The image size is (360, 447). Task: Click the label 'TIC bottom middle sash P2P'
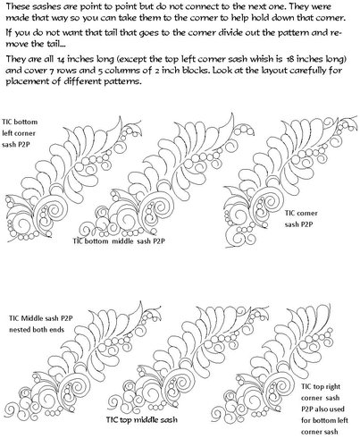[119, 241]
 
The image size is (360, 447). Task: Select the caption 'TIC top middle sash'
[142, 420]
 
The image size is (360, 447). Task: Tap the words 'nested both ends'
[37, 330]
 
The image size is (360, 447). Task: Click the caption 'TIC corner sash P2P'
[301, 219]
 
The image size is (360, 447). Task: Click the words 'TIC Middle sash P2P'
[41, 318]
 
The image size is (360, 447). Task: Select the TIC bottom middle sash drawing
[167, 179]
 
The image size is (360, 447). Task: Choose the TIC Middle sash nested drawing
[83, 364]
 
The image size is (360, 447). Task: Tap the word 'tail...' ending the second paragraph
[56, 44]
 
